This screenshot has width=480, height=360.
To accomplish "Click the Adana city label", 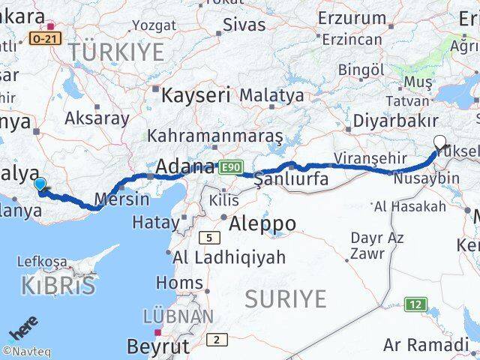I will click(184, 166).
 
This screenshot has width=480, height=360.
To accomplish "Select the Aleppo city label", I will click(262, 223).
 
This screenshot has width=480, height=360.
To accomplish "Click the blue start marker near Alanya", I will click(40, 183).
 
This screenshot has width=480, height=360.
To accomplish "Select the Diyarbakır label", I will click(395, 120).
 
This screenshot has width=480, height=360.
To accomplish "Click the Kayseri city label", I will click(196, 96).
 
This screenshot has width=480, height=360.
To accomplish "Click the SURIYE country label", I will click(286, 299).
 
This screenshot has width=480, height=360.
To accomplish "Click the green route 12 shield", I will click(415, 304).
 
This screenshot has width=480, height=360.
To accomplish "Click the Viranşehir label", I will click(369, 159).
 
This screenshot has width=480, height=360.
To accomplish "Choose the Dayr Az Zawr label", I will click(377, 246).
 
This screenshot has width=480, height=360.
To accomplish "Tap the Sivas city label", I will click(244, 25).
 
